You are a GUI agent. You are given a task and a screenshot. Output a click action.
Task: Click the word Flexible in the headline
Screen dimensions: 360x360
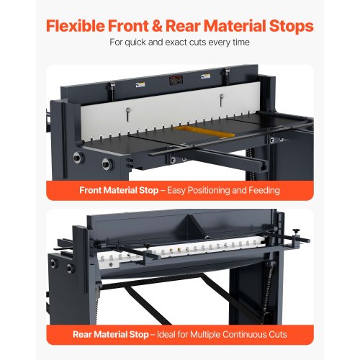point(76,26)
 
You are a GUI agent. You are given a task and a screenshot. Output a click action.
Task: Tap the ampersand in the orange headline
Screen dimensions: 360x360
point(157,26)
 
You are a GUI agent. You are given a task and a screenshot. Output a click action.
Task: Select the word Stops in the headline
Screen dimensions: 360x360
point(292,27)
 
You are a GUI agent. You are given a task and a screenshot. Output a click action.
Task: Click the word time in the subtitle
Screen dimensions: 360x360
point(241,42)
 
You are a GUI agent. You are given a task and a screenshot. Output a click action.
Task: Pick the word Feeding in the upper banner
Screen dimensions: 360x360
point(264,191)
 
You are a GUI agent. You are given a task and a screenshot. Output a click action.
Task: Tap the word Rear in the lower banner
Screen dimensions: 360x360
point(82,334)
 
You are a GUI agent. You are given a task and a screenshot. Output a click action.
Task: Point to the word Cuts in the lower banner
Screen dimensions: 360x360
point(278,334)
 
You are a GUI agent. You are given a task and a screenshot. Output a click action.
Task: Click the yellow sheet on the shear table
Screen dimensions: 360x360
point(204,132)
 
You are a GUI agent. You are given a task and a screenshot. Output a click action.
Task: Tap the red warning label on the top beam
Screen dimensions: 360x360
point(176,80)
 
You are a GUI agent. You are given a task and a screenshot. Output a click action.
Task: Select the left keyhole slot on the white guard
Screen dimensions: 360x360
point(128,114)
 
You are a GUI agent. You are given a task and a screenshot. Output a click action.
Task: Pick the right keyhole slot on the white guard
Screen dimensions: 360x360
point(222,99)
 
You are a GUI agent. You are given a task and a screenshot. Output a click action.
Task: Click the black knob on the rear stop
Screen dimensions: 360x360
point(296,232)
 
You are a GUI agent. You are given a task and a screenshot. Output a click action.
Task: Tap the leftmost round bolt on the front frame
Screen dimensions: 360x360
point(78,158)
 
